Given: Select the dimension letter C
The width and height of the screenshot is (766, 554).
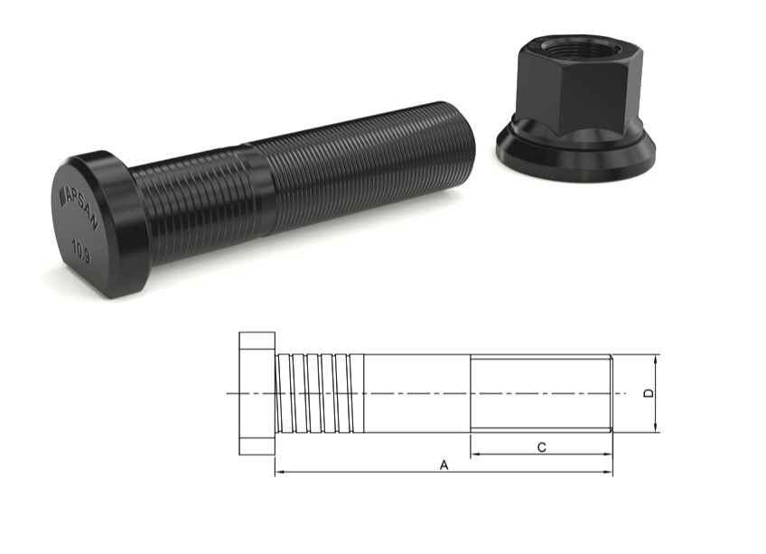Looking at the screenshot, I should [x=540, y=446].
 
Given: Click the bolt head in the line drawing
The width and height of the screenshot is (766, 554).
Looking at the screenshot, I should [x=257, y=393].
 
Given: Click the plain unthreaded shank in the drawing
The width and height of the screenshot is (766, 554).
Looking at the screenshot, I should [x=416, y=393].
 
